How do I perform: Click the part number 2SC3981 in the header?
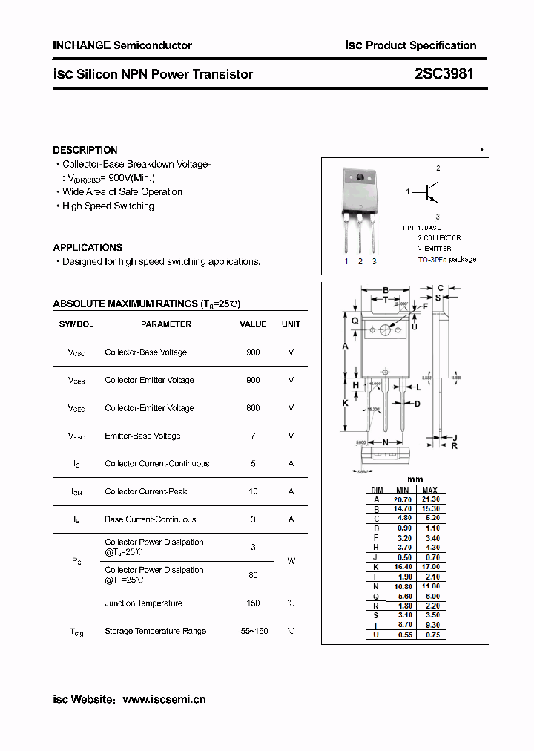pyautogui.click(x=444, y=74)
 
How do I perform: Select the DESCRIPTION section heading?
pyautogui.click(x=85, y=150)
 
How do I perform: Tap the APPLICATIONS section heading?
pyautogui.click(x=88, y=247)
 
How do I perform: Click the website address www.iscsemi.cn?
pyautogui.click(x=164, y=699)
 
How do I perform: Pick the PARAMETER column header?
pyautogui.click(x=166, y=324)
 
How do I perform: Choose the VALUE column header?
pyautogui.click(x=253, y=324)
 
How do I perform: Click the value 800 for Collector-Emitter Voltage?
pyautogui.click(x=253, y=408)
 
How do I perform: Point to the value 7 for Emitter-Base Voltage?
pyautogui.click(x=253, y=436)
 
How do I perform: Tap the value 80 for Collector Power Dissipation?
pyautogui.click(x=253, y=574)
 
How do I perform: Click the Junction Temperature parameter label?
pyautogui.click(x=143, y=603)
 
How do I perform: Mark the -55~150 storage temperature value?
pyautogui.click(x=253, y=631)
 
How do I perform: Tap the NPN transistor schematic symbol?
pyautogui.click(x=429, y=192)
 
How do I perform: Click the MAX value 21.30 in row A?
pyautogui.click(x=430, y=499)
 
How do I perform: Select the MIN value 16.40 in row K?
pyautogui.click(x=402, y=567)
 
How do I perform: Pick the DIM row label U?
pyautogui.click(x=377, y=635)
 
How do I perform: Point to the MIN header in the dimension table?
pyautogui.click(x=402, y=490)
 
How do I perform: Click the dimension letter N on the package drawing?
pyautogui.click(x=385, y=442)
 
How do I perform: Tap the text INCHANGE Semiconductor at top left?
pyautogui.click(x=122, y=45)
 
